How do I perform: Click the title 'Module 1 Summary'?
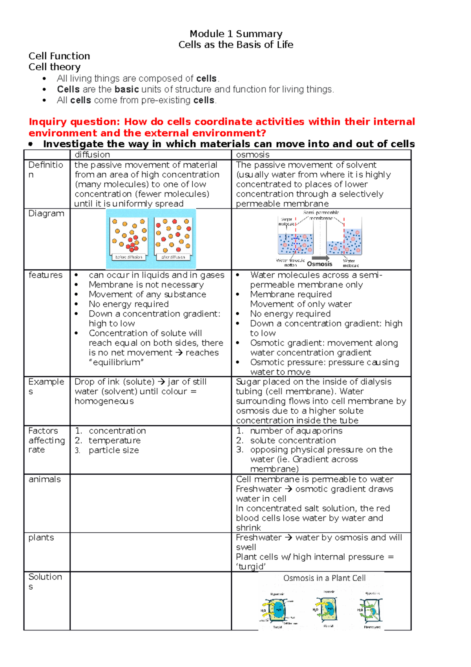coord(236,34)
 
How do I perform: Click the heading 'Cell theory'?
coord(55,67)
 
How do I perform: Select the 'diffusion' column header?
coord(92,155)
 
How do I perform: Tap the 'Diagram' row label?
coord(46,213)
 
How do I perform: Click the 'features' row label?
coord(46,275)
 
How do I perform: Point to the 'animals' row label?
coord(45,479)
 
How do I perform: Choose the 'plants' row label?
coord(41,537)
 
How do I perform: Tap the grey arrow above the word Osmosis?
coord(321,258)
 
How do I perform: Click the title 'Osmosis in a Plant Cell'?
coord(324,578)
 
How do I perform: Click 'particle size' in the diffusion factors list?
coord(114,451)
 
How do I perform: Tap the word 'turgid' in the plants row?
coord(251,567)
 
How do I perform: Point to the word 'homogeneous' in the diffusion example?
coord(104,401)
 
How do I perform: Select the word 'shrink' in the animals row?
coord(248,528)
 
